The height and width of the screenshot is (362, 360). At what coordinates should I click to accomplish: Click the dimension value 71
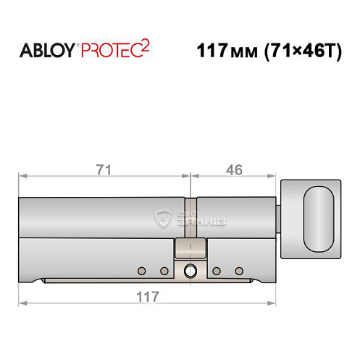point(104,169)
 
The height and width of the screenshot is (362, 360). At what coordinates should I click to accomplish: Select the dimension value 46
point(233,169)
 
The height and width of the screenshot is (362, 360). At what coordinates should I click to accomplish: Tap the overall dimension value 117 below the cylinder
point(148,297)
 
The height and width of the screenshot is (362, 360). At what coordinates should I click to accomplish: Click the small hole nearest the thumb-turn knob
point(239,271)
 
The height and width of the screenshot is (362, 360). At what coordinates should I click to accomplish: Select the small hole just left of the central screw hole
point(164,271)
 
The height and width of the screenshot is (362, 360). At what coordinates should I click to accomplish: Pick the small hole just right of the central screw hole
point(216,271)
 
